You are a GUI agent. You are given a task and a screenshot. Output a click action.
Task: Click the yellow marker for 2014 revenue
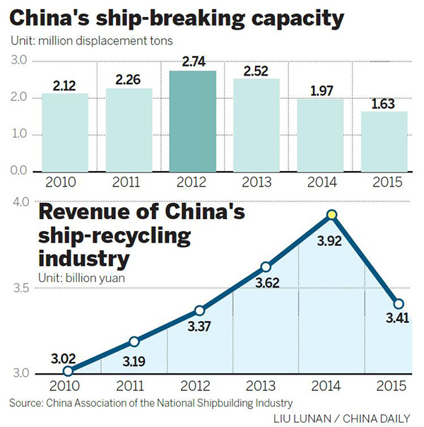[x=331, y=215]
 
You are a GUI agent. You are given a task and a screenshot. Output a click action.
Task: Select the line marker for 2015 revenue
[x=399, y=303]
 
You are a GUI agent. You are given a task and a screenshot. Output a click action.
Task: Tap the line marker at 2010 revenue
[x=68, y=370]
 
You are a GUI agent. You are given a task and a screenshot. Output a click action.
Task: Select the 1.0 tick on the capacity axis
[x=17, y=134]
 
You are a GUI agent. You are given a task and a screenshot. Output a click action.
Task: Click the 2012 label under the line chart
[x=196, y=387]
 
